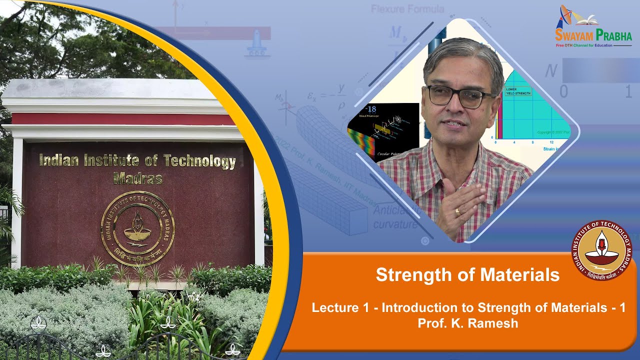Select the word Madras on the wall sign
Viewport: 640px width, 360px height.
pos(138,178)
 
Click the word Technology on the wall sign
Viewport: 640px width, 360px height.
pos(199,161)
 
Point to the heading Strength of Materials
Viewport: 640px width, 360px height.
pos(467,274)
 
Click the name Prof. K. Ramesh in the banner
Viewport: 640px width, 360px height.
pos(467,323)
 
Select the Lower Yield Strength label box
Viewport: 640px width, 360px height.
pos(518,91)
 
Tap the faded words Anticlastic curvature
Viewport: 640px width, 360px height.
pos(395,218)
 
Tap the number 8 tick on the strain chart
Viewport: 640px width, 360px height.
pos(532,142)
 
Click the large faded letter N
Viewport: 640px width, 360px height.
pos(551,71)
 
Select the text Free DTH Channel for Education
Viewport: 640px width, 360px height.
pos(584,45)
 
